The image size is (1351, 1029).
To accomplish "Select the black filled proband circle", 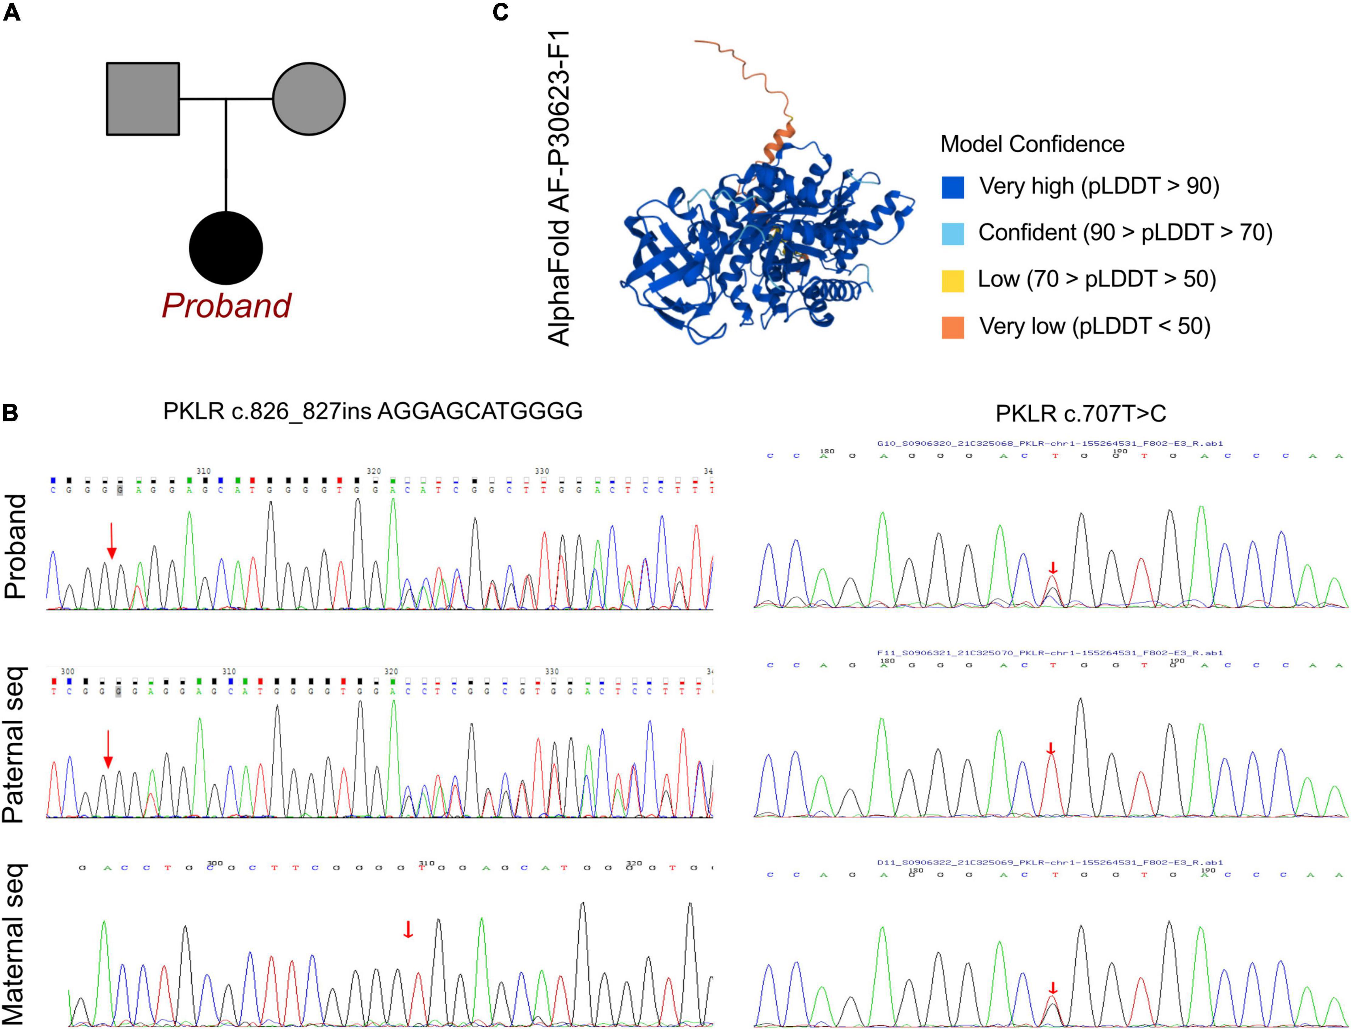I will (x=226, y=248).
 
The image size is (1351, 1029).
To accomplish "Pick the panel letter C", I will (x=500, y=12).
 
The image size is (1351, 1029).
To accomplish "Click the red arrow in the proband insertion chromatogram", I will (x=111, y=540).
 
